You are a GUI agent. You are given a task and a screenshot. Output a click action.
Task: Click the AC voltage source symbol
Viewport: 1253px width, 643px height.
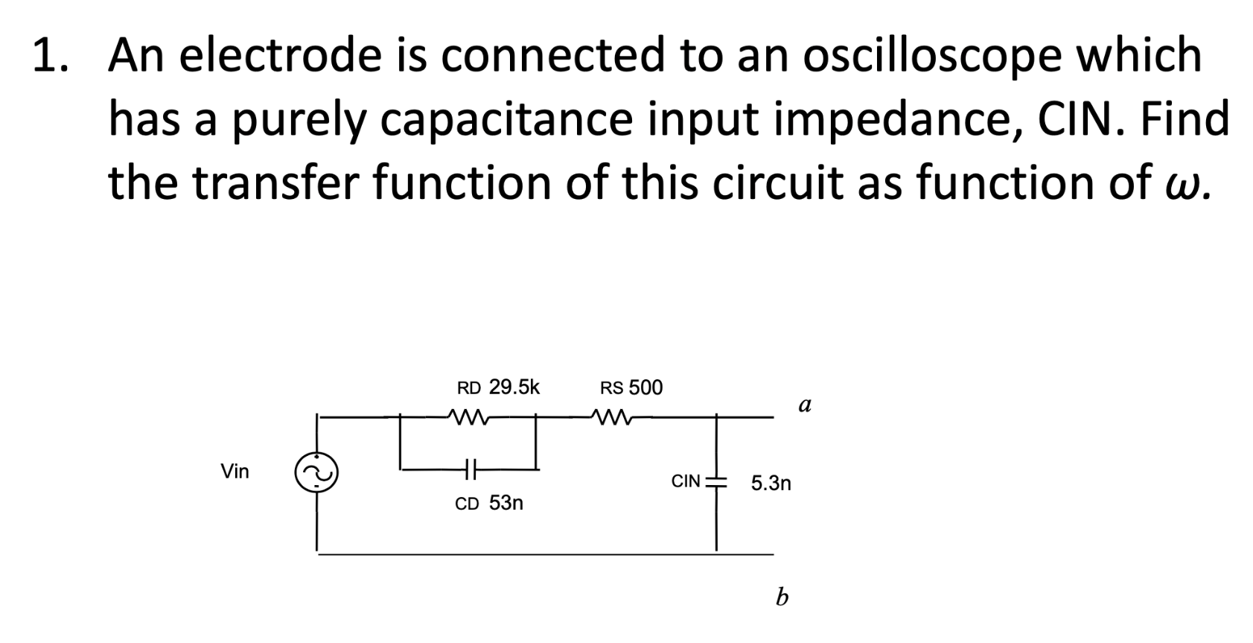pos(316,472)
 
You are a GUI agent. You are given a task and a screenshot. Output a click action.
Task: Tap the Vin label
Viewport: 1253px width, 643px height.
pos(235,471)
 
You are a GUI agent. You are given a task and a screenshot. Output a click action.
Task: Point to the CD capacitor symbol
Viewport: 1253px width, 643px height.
pos(470,469)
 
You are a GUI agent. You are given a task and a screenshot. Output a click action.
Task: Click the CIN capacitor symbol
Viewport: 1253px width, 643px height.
pos(716,481)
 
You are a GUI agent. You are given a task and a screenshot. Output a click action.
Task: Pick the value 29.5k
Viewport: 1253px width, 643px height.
pos(514,387)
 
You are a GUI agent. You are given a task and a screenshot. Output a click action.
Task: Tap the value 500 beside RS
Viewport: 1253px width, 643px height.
pos(645,387)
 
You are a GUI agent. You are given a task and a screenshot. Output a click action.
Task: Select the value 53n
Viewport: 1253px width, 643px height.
pos(506,503)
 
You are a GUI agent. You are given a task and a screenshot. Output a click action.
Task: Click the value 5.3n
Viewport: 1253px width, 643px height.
pos(771,484)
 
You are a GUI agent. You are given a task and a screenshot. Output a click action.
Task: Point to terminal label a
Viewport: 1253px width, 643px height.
pos(804,405)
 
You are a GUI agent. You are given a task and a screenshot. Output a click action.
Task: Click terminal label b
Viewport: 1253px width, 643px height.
pos(781,596)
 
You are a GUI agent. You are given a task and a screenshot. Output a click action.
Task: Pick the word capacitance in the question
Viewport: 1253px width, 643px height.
pos(506,119)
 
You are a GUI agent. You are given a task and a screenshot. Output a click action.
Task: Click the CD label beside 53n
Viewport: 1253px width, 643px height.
pos(467,504)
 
